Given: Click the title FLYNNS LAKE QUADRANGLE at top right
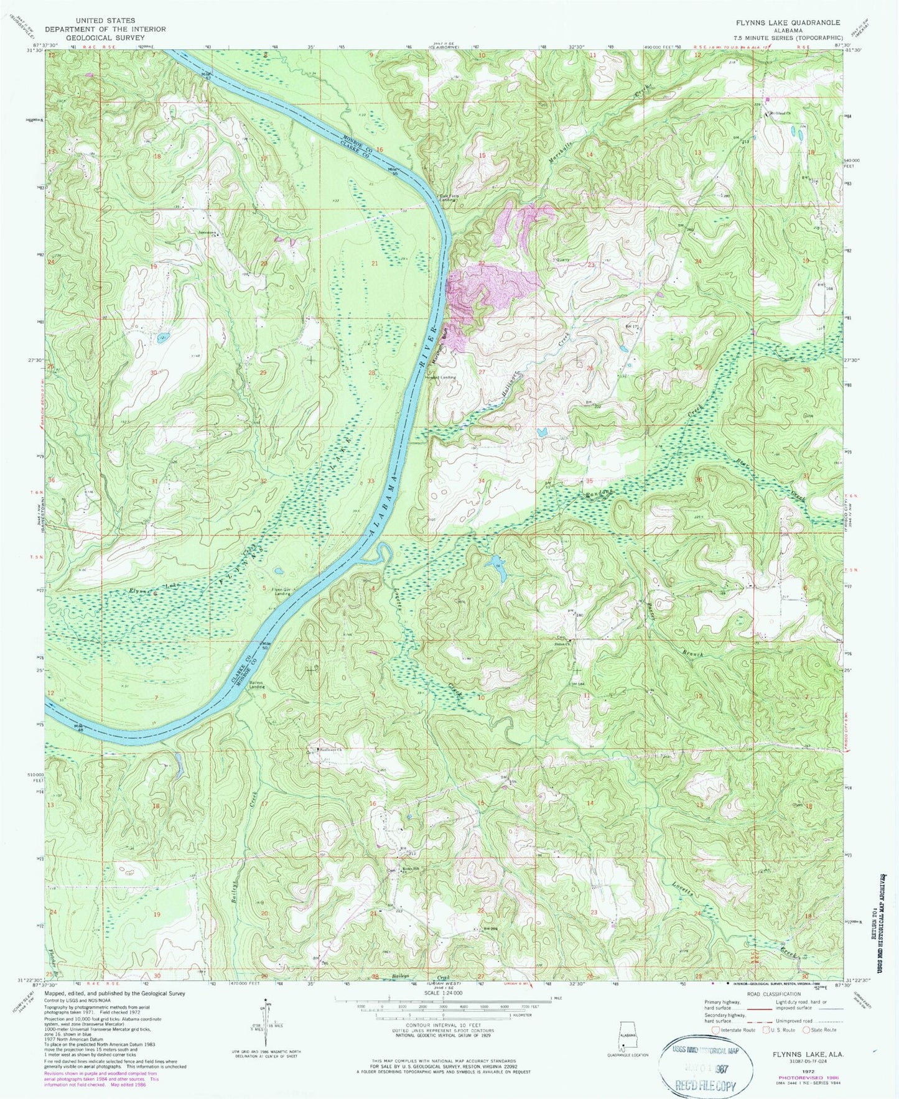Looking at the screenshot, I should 788,22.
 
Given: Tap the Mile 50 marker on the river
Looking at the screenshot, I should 266,644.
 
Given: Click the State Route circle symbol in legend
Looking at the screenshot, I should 806,1030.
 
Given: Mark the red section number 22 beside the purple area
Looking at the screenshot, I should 481,264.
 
